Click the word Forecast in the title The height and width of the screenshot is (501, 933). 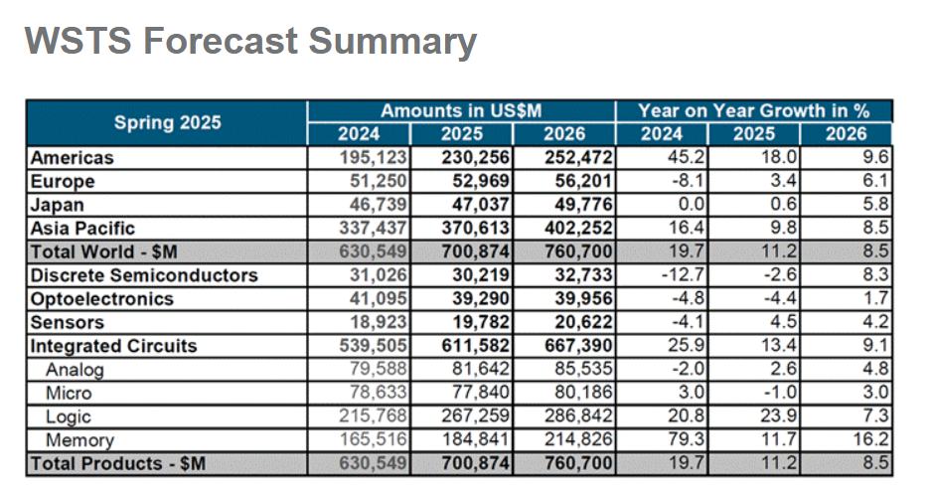point(220,42)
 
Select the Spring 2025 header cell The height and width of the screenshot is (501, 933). point(167,123)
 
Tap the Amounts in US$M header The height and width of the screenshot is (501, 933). point(461,111)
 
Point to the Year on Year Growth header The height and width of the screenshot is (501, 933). point(753,111)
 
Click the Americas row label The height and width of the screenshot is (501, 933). point(73,157)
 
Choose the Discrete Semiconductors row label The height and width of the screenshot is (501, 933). point(144,275)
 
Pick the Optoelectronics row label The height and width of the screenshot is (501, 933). point(102,299)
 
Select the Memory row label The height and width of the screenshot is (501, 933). point(80,440)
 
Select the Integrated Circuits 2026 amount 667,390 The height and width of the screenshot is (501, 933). point(579,346)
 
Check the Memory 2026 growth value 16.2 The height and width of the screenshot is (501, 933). point(874,440)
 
